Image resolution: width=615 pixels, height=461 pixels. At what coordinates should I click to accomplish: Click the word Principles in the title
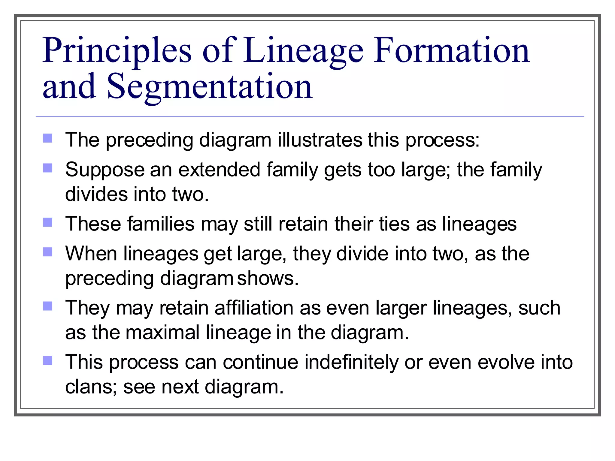117,51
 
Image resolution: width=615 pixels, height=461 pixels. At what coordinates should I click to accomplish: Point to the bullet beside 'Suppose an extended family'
48,168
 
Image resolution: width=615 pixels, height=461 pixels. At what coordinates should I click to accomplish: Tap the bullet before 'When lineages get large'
48,252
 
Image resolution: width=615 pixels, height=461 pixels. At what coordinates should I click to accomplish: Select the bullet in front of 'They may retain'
48,306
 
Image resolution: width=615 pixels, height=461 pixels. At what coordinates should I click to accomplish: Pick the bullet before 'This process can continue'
48,360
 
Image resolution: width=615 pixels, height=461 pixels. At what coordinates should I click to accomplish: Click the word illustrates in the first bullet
320,140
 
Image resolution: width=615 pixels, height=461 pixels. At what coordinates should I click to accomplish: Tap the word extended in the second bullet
219,170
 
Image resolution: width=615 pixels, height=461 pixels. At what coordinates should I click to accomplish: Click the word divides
96,194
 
